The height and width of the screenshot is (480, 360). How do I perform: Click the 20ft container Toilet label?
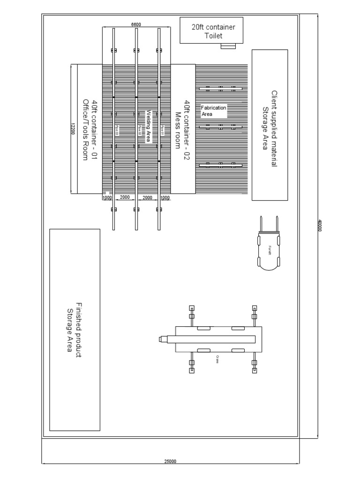click(213, 31)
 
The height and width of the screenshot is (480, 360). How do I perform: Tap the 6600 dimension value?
click(136, 24)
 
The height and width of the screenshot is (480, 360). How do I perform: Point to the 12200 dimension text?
click(73, 128)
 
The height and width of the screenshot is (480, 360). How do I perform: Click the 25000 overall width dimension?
click(170, 461)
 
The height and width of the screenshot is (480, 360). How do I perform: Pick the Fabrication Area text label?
click(213, 111)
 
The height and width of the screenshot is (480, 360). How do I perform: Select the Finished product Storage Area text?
click(75, 330)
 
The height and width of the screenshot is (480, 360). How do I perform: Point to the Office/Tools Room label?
click(85, 129)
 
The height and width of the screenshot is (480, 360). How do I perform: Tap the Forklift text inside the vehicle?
click(270, 250)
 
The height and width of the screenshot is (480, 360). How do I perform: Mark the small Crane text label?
click(218, 359)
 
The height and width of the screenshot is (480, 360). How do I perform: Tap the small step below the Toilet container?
click(229, 46)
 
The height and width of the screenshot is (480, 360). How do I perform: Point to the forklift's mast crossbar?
click(270, 233)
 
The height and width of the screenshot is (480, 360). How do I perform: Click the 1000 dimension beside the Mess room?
click(165, 198)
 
